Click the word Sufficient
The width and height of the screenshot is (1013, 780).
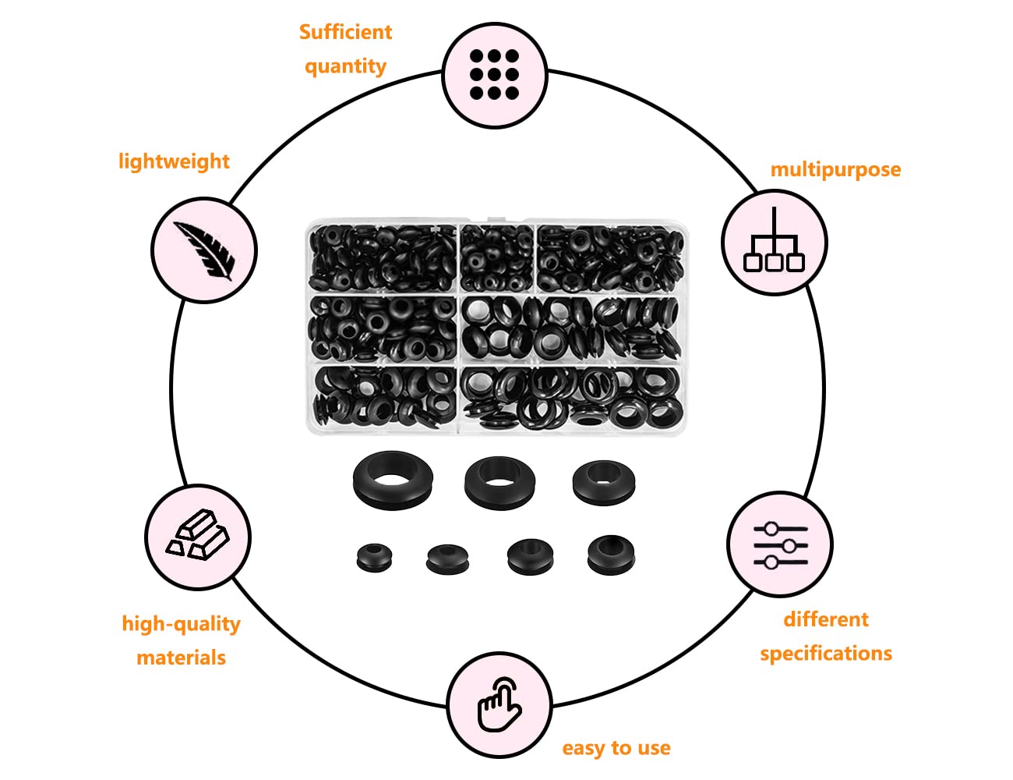pos(345,32)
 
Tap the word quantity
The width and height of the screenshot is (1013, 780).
pos(345,66)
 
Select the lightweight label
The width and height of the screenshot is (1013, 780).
pos(174,161)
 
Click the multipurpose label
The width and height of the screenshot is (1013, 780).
pos(835,170)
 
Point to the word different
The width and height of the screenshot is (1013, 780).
pos(826,619)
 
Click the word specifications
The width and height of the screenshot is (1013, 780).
pos(826,654)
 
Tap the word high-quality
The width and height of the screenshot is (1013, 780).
pos(181,624)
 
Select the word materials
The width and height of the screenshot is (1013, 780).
pos(181,658)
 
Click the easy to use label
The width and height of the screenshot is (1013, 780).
pos(616,748)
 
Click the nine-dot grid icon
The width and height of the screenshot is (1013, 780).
pos(494,75)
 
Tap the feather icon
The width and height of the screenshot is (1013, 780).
pos(204,250)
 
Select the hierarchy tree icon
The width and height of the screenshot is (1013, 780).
pos(774,239)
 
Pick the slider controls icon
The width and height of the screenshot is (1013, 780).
pos(780,545)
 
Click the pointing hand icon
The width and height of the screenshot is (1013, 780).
pos(499,704)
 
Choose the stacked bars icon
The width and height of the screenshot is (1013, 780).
pos(198,535)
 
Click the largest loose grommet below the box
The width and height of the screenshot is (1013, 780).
pos(393,480)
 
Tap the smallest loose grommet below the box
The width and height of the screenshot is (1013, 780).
pos(374,557)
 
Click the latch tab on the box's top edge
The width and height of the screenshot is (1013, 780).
pos(505,219)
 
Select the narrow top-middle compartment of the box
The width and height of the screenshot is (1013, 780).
pos(497,258)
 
